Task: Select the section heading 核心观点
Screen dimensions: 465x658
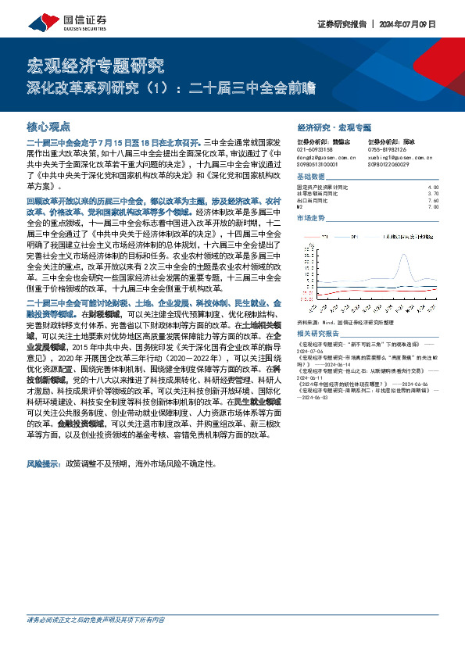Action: (x=48, y=125)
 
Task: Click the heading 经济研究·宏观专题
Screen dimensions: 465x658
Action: (x=334, y=126)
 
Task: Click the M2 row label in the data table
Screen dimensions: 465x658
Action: (x=301, y=206)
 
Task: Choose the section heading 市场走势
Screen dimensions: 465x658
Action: (x=312, y=217)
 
